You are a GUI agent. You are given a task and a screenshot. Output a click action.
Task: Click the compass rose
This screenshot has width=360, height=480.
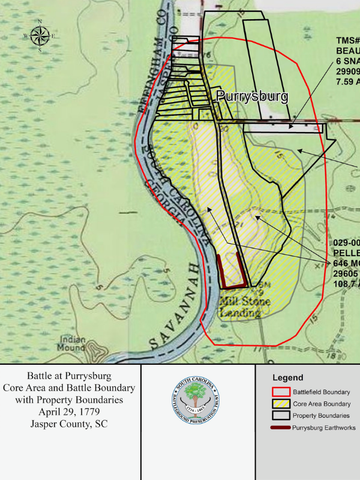(40, 35)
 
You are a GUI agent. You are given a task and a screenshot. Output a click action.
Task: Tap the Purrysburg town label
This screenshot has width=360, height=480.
(252, 97)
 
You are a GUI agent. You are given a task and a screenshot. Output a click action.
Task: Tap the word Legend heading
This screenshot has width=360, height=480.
(287, 378)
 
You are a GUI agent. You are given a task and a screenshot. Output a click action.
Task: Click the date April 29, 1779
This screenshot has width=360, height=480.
(71, 411)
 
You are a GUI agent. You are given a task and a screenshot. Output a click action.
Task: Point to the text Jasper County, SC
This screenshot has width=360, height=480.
(71, 423)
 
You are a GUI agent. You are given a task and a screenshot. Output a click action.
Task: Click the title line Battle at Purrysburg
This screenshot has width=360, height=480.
(71, 376)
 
